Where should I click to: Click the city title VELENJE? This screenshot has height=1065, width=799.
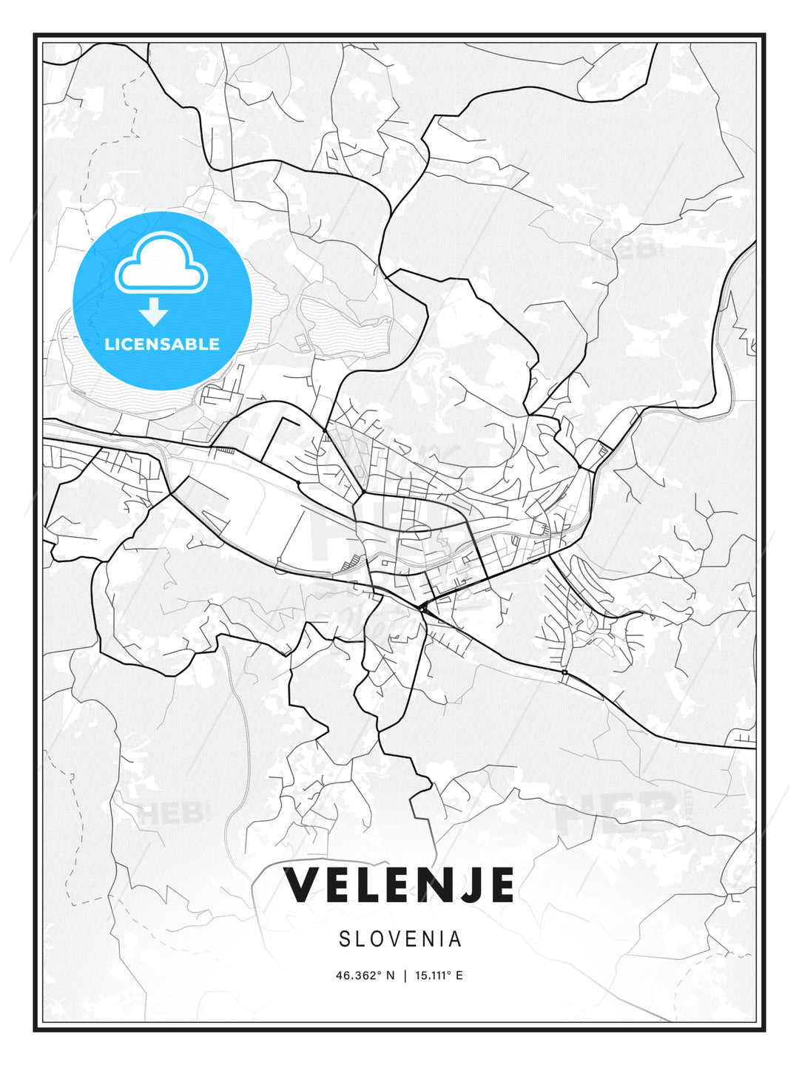pos(399,885)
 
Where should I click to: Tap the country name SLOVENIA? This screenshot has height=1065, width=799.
pos(400,939)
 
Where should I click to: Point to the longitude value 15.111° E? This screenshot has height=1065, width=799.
pos(439,976)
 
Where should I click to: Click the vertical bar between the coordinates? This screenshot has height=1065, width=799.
pos(405,976)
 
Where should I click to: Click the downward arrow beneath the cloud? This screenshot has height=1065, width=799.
pos(154,312)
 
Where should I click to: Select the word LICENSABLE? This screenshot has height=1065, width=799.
pos(162,344)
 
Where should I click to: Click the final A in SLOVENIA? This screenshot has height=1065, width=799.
pos(455,939)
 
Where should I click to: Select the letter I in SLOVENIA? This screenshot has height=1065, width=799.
pos(442,939)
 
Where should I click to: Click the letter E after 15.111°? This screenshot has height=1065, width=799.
pos(459,976)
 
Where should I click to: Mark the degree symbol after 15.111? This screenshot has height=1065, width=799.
pos(450,973)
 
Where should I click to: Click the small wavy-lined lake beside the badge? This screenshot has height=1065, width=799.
pos(344,325)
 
